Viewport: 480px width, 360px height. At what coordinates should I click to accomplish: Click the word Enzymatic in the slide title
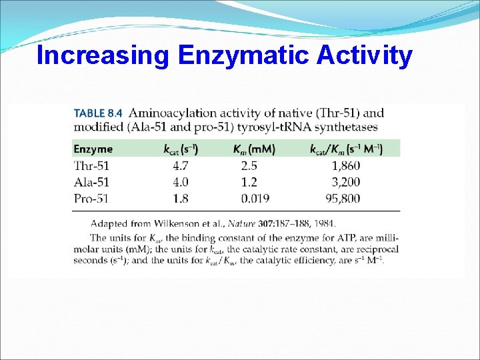[x=245, y=56]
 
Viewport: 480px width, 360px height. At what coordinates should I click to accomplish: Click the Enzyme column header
[x=93, y=149]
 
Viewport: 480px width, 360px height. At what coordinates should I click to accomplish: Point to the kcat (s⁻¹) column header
[x=181, y=149]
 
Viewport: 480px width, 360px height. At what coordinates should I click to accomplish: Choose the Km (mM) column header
[x=254, y=149]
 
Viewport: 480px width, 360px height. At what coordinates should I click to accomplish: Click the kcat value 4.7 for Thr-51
[x=180, y=165]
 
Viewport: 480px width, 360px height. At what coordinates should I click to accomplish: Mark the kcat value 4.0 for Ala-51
[x=180, y=181]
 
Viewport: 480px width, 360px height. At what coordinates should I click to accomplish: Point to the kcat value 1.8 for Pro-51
[x=180, y=197]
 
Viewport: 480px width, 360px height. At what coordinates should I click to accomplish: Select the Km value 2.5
[x=249, y=165]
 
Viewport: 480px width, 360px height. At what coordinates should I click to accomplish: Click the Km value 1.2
[x=249, y=181]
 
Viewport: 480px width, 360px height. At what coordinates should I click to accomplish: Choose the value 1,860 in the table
[x=365, y=165]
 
